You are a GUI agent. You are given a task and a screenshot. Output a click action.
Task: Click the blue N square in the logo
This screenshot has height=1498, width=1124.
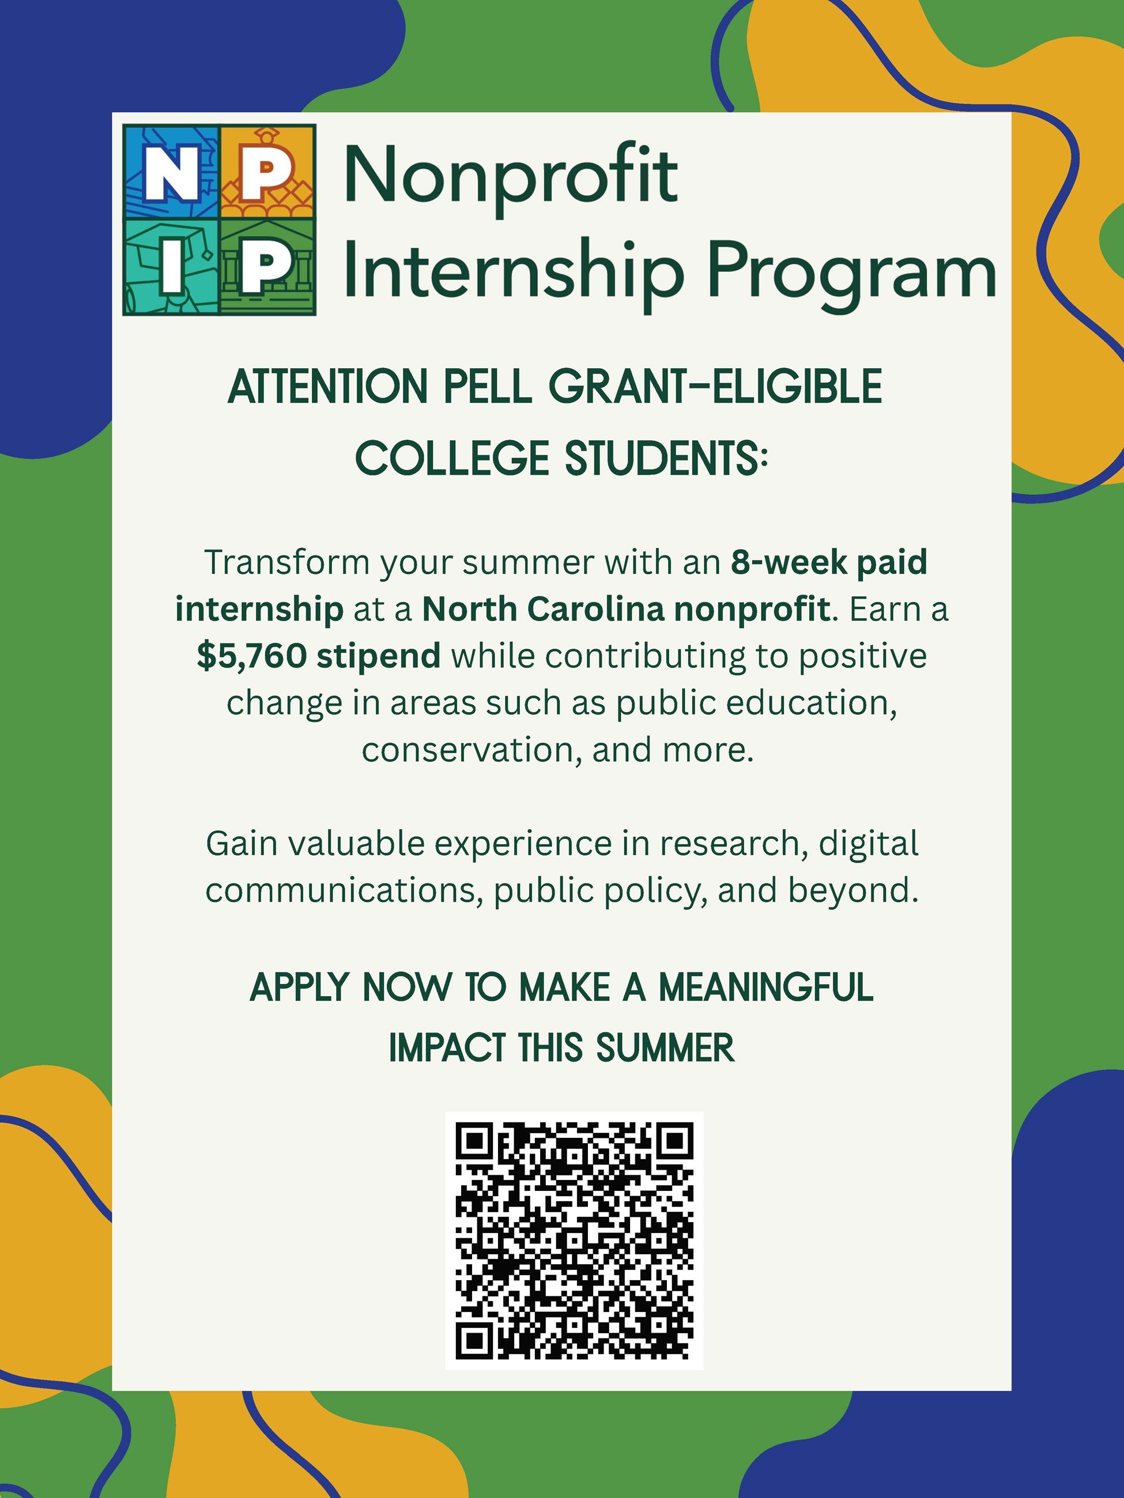(x=171, y=172)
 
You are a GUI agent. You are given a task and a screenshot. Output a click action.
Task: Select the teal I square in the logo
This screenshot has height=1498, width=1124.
(x=171, y=267)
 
